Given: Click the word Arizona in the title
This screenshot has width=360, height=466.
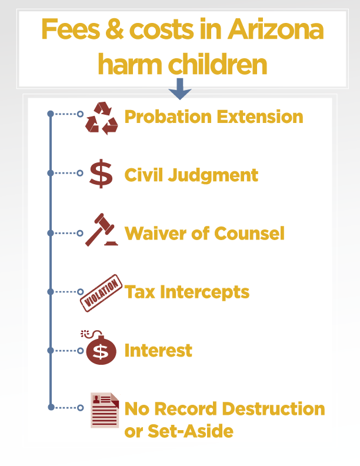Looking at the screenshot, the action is pyautogui.click(x=275, y=29).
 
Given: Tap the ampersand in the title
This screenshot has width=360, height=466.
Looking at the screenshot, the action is pyautogui.click(x=114, y=29).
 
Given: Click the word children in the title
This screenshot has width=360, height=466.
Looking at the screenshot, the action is pyautogui.click(x=218, y=64).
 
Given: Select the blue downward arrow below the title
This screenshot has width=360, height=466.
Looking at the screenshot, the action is pyautogui.click(x=179, y=89).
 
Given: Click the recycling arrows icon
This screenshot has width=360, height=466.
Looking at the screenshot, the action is pyautogui.click(x=101, y=118).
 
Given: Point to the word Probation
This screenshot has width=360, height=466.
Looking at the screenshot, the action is pyautogui.click(x=168, y=117).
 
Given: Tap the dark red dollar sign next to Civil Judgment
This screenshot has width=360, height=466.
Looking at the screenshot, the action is pyautogui.click(x=101, y=174).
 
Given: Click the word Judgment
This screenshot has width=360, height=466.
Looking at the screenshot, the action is pyautogui.click(x=213, y=175).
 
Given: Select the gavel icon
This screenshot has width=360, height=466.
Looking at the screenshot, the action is pyautogui.click(x=101, y=229).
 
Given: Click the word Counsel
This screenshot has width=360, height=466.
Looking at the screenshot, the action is pyautogui.click(x=249, y=234).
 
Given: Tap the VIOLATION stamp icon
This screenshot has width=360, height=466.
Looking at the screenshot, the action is pyautogui.click(x=101, y=293).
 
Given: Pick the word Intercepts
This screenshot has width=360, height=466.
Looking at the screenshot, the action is pyautogui.click(x=205, y=292).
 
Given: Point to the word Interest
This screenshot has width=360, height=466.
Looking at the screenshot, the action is pyautogui.click(x=158, y=350).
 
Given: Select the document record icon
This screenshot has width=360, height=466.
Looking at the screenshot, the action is pyautogui.click(x=105, y=410).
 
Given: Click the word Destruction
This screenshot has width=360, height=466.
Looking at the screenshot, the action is pyautogui.click(x=274, y=409).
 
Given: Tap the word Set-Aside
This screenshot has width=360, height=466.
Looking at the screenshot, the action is pyautogui.click(x=191, y=431).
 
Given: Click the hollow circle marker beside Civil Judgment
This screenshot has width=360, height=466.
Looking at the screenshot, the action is pyautogui.click(x=80, y=173).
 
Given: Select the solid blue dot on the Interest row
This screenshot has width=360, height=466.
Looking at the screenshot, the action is pyautogui.click(x=51, y=351).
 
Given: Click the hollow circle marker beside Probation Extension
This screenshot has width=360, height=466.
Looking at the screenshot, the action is pyautogui.click(x=80, y=114).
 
